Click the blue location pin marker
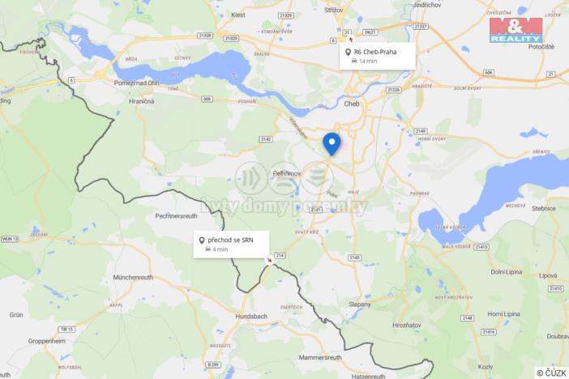(x=332, y=143)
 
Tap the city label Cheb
(x=352, y=104)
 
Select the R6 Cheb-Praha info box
(x=377, y=56)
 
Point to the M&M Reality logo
(x=516, y=29)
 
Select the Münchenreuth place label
(x=134, y=277)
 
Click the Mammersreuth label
(x=321, y=357)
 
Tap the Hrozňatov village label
(x=407, y=325)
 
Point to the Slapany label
(x=360, y=304)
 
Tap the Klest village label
(x=238, y=15)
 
